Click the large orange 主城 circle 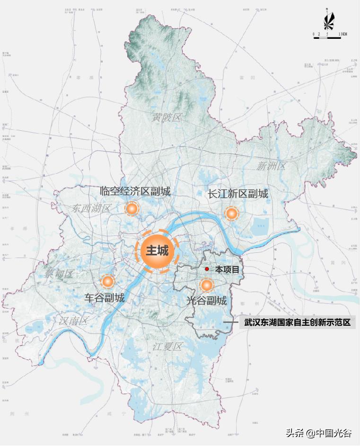[x=157, y=251]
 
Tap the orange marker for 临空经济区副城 [x=132, y=209]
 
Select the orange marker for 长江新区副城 [x=231, y=214]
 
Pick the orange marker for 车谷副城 [x=108, y=282]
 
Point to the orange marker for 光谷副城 [x=207, y=285]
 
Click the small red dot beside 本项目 [x=207, y=269]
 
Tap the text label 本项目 [x=228, y=269]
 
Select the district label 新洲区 [x=272, y=166]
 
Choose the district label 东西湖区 [x=92, y=208]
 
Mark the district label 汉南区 [x=74, y=321]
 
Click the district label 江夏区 [x=167, y=347]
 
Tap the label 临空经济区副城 [x=135, y=191]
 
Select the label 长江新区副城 [x=238, y=194]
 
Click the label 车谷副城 [x=105, y=298]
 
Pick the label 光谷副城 [x=206, y=301]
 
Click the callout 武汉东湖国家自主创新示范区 [x=297, y=323]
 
